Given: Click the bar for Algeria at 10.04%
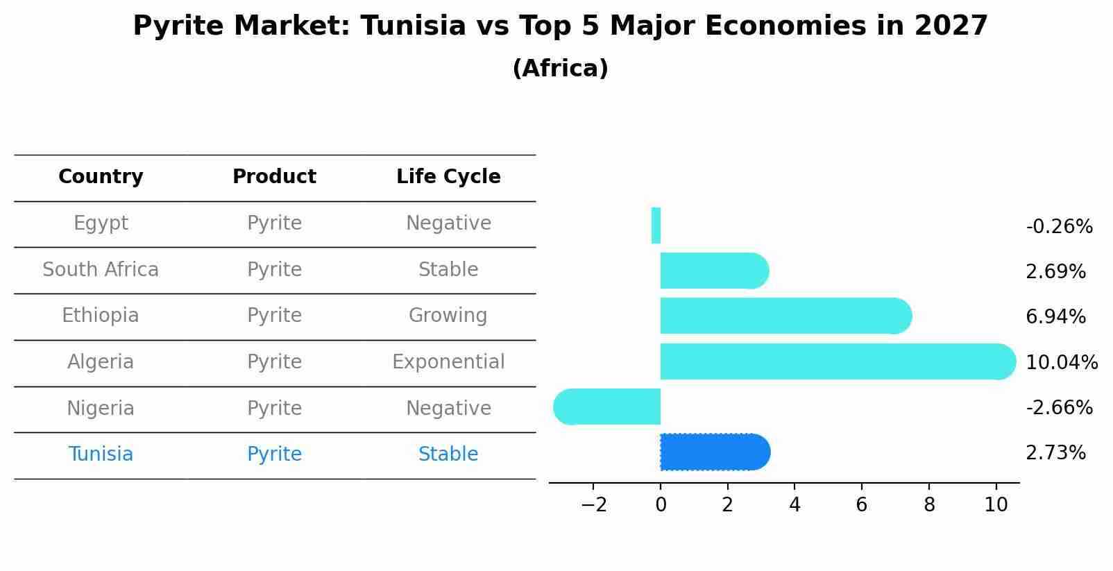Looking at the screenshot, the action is (838, 361).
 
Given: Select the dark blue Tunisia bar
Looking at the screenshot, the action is (715, 452).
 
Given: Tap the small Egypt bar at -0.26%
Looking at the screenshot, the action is (656, 225).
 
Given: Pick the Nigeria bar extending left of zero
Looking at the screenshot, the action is (606, 407).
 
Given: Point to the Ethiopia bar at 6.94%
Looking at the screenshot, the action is (786, 316).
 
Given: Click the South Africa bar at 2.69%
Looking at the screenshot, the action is (715, 271).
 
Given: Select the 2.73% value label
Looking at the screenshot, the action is (1056, 453).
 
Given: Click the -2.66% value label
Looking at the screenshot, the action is (1060, 407).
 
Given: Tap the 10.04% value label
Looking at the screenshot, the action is (1062, 362).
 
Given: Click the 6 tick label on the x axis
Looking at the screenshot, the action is (862, 505).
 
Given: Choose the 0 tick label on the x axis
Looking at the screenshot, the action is (661, 505).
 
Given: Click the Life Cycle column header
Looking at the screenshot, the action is (448, 176).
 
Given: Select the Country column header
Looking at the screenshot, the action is (101, 177).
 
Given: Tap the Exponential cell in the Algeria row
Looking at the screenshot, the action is (448, 361).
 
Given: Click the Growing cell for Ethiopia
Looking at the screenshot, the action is (448, 316).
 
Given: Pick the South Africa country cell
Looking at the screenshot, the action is (101, 269).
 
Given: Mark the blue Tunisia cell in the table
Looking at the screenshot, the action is (101, 454).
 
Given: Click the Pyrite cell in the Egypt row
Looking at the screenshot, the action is (275, 223).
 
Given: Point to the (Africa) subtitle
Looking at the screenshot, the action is (561, 68).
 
